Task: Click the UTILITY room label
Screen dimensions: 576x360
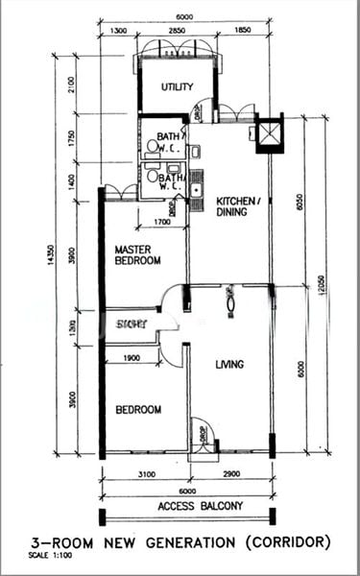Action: (177, 87)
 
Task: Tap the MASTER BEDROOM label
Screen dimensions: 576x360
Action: (135, 253)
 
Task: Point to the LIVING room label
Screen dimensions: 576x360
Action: (229, 364)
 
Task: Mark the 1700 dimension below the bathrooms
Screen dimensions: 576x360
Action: (162, 224)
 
